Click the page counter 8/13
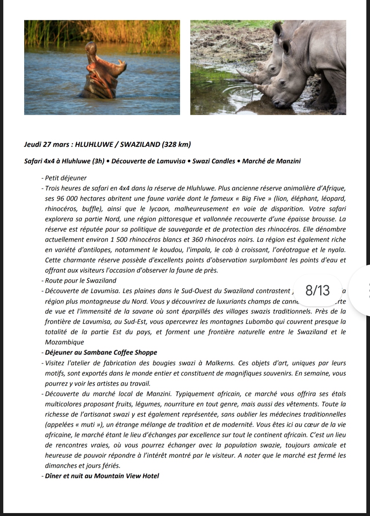coord(317,291)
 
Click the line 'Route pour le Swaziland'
coord(81,281)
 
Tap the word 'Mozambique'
coord(64,342)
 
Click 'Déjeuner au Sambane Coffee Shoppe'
coord(101,353)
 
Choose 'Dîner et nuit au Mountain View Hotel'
coord(102,476)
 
